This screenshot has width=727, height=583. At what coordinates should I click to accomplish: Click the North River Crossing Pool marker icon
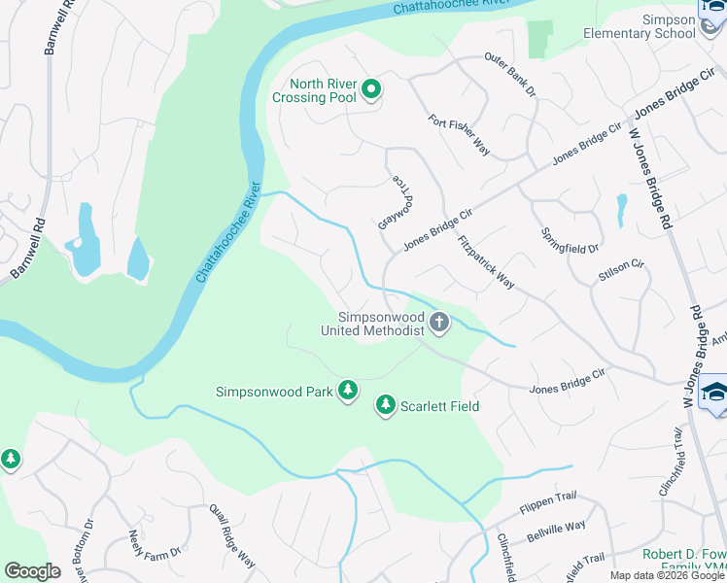click(370, 90)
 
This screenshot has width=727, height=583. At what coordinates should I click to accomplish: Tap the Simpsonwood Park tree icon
click(348, 392)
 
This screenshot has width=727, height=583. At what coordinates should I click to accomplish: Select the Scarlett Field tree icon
click(386, 406)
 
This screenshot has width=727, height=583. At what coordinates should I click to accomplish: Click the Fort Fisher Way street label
click(459, 134)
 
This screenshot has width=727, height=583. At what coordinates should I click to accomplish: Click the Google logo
click(32, 571)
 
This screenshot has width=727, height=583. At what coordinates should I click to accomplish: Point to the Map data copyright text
click(666, 575)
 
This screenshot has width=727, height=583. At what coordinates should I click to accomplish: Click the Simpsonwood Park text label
click(275, 392)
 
